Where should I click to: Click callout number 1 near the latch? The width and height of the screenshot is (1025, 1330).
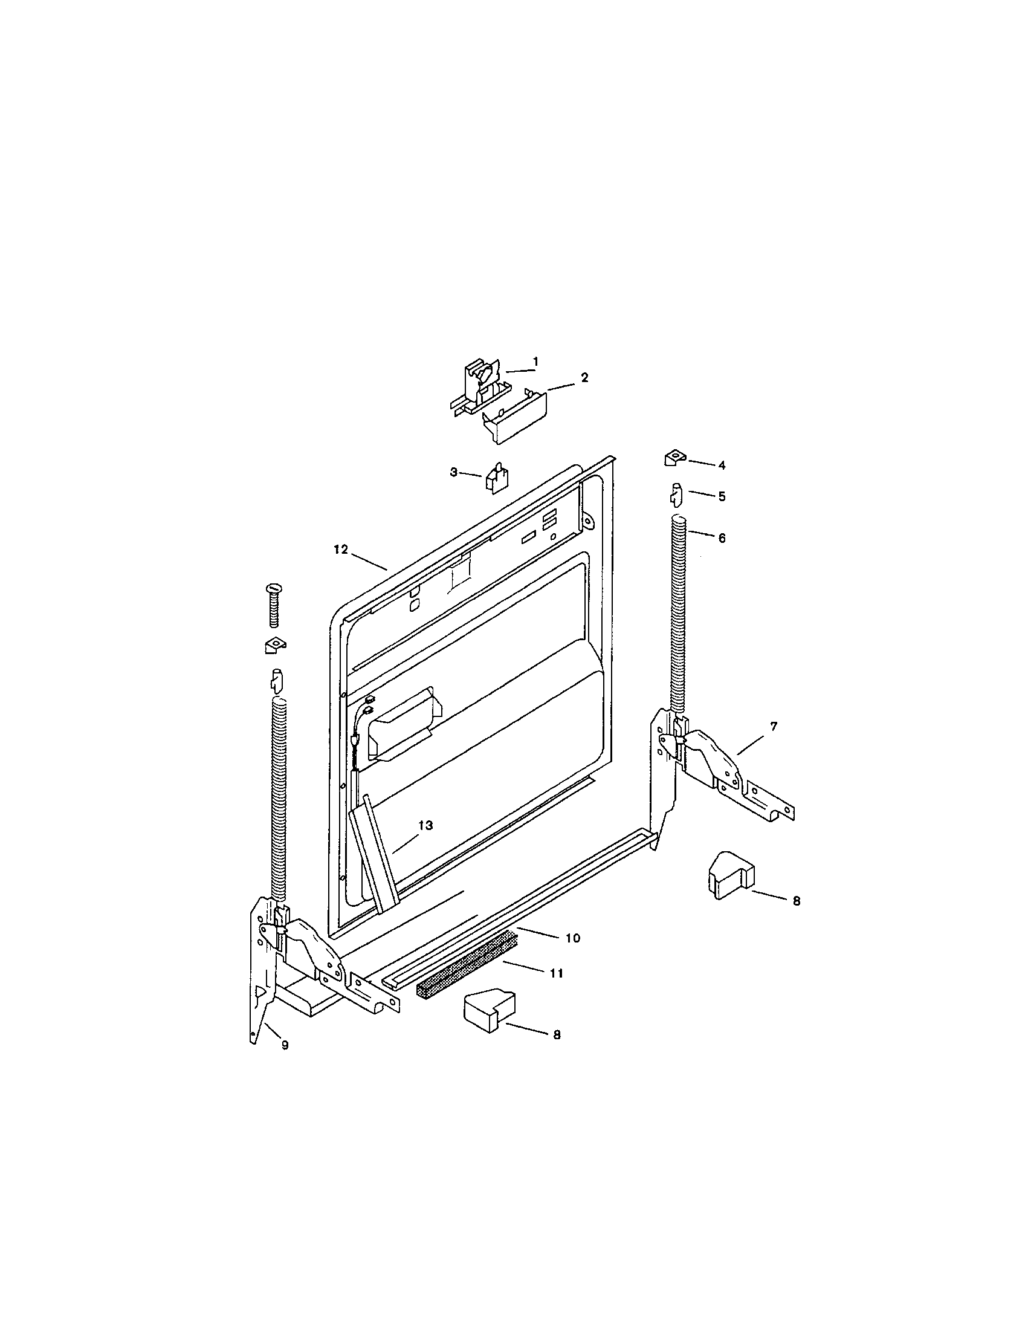click(x=535, y=362)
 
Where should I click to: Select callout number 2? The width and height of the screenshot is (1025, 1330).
click(x=584, y=378)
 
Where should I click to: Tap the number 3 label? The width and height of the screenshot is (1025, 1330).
click(x=453, y=472)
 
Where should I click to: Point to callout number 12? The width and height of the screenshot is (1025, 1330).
click(x=341, y=550)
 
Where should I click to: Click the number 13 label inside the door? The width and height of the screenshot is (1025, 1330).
click(x=425, y=825)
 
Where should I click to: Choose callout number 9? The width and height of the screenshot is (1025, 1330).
click(x=285, y=1045)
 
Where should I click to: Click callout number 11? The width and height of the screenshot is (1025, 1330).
click(x=557, y=973)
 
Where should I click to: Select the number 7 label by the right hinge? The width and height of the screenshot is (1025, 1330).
click(x=774, y=727)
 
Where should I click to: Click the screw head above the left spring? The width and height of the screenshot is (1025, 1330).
click(x=273, y=589)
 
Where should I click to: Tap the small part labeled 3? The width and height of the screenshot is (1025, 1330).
click(x=497, y=476)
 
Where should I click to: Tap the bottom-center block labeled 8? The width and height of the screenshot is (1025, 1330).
click(x=488, y=1012)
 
